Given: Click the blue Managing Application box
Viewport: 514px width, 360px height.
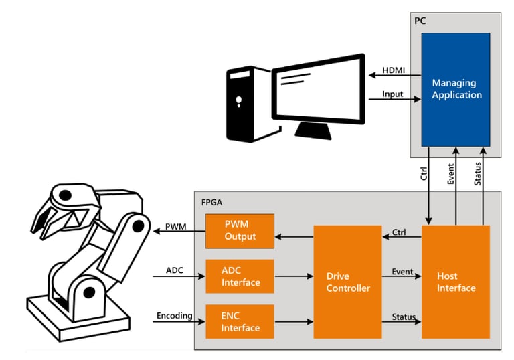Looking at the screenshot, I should point(456,89).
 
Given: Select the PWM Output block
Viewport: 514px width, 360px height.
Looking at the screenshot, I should point(240,231).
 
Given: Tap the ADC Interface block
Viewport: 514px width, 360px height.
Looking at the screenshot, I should point(240,276).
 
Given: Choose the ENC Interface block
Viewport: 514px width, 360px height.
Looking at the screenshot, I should point(240,322).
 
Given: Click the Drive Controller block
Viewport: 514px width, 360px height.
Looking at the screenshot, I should point(347,282).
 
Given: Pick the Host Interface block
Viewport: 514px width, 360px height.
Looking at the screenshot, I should point(456,282).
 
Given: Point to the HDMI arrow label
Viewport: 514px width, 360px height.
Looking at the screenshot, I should point(393,70).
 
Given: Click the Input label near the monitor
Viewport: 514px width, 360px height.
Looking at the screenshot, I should point(392,94).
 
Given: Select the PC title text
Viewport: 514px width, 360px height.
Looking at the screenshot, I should point(420,21).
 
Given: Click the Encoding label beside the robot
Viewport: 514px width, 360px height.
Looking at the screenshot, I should point(175,315).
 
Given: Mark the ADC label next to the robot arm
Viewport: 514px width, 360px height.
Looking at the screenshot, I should point(175,270).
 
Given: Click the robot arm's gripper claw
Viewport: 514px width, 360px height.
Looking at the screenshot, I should point(57,214).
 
